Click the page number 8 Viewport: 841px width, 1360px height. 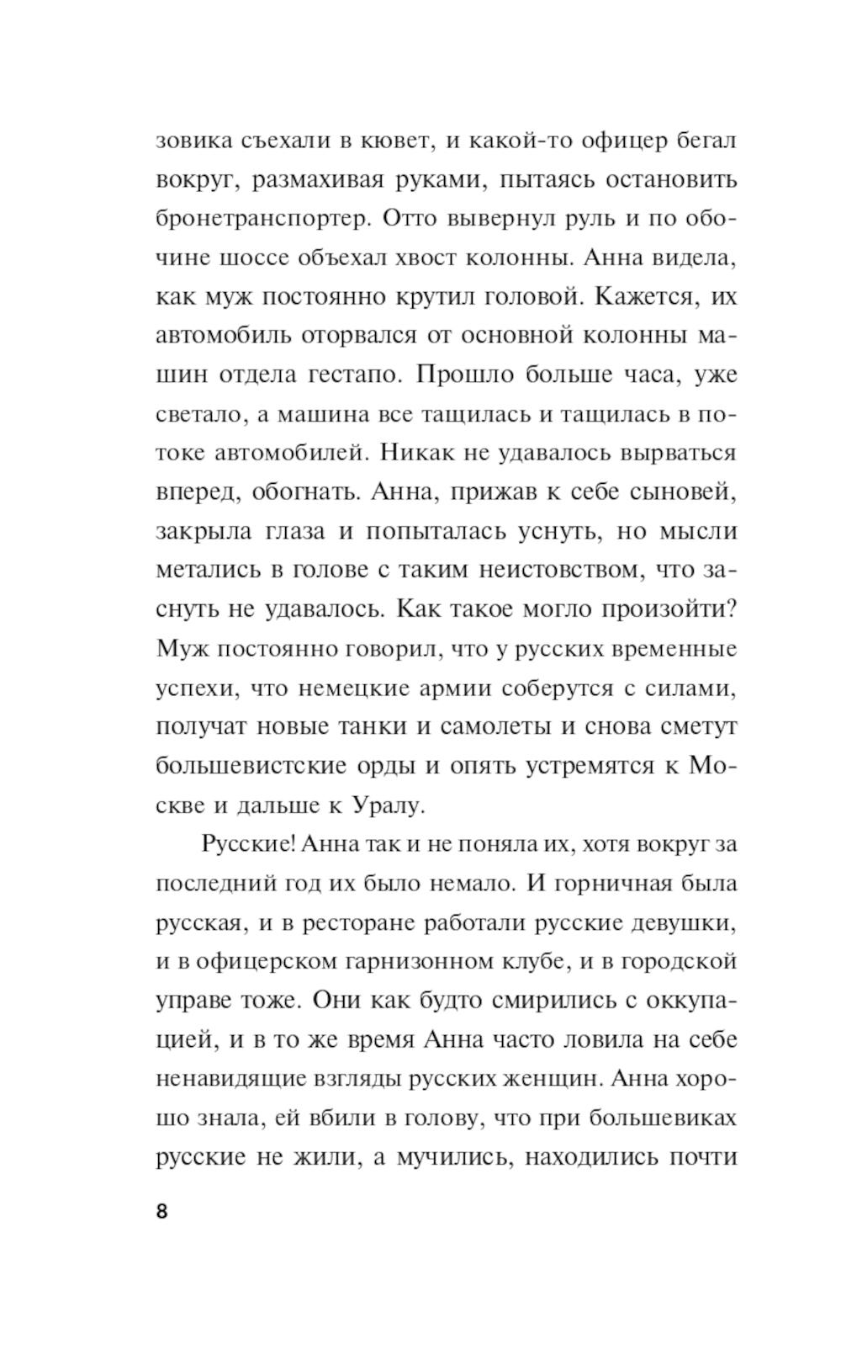161,1212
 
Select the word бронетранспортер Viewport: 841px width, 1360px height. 263,219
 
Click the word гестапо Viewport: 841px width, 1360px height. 356,375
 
